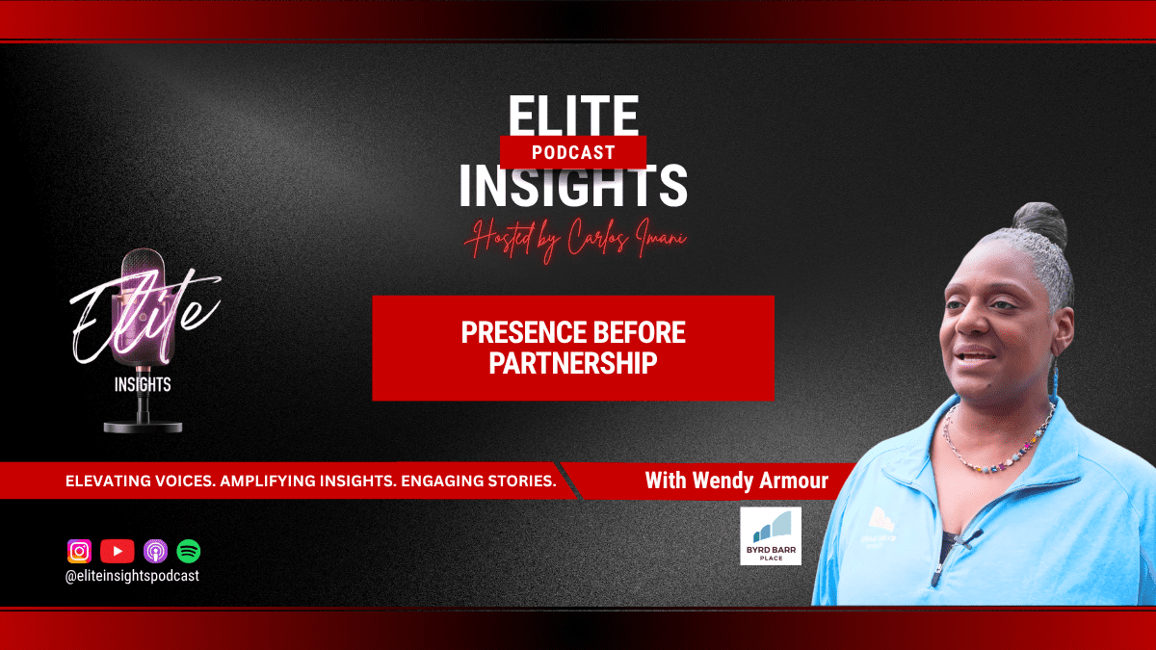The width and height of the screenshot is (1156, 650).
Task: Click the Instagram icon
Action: pos(79,551)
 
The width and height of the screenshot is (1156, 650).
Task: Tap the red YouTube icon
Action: pos(118,551)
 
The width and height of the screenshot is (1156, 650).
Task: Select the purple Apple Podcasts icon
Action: pos(155,551)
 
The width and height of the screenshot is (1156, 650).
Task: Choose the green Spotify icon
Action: pos(189,551)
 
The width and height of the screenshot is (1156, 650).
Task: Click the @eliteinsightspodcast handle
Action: pos(132,576)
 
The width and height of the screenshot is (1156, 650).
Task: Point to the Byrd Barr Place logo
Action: pos(771,536)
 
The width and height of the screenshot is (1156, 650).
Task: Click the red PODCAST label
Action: pos(573,153)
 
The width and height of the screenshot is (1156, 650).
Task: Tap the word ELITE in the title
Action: pos(573,116)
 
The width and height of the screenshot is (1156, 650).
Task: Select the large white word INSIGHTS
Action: pos(573,186)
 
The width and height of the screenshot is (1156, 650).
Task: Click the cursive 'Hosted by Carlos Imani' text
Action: pos(575,240)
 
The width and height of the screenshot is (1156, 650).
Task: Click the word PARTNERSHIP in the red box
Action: pos(573,363)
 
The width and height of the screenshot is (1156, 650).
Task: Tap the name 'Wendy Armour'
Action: pos(760,481)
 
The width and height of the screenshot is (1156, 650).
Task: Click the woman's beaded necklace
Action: pos(999,444)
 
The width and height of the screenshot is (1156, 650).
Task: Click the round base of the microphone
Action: pos(143,427)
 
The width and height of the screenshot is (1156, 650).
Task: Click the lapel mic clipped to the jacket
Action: pos(969,537)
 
